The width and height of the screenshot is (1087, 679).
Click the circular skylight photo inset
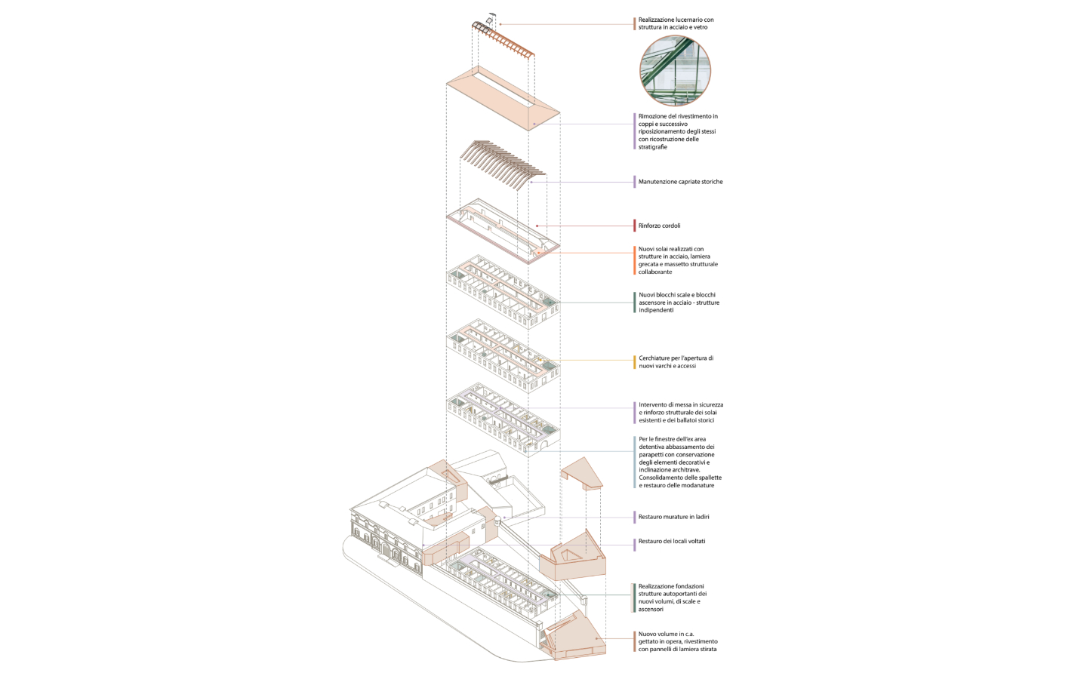675,71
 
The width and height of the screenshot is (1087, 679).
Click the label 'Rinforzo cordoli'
659,226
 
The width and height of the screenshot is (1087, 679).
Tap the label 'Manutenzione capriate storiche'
680,182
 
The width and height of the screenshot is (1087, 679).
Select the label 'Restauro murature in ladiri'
673,517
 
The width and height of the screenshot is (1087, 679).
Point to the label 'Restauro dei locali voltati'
671,541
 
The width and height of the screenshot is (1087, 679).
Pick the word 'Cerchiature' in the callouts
654,358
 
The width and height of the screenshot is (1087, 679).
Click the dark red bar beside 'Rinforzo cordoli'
635,226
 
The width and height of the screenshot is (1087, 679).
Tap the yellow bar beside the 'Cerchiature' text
635,362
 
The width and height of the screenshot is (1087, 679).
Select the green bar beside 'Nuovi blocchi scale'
635,303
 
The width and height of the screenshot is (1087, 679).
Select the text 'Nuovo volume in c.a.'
666,634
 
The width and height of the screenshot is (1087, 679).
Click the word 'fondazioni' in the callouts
688,586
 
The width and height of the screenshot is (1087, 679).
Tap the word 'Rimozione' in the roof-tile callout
653,116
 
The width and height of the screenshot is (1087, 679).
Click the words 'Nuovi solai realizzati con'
670,249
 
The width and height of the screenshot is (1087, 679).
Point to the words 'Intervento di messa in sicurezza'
680,404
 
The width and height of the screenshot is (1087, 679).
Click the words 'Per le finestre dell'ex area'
672,439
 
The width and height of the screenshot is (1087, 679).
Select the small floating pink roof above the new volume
582,472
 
